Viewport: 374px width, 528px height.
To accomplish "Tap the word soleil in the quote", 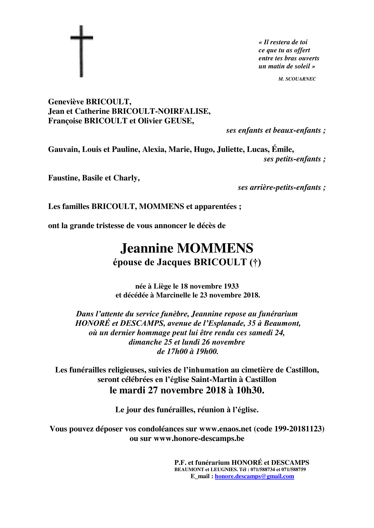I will pos(302,66).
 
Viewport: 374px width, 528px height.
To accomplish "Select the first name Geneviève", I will pos(66,102).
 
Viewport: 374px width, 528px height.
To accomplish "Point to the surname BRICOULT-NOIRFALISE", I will pos(161,111).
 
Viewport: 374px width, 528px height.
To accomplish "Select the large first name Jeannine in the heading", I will pos(147,248).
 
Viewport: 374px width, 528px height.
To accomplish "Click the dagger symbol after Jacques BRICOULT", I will pos(255,262).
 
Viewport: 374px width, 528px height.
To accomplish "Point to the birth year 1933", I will pos(231,286).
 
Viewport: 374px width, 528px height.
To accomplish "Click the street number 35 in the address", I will pos(252,323).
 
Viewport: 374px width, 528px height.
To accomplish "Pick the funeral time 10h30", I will pos(250,390).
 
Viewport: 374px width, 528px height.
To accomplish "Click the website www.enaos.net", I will pos(225,429).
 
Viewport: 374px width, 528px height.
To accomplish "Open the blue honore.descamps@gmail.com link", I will pos(254,476).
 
